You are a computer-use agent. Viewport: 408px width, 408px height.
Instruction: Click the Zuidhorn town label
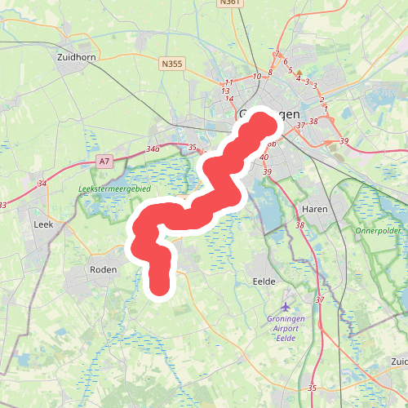[78, 58]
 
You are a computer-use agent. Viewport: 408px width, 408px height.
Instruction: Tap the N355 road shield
[171, 63]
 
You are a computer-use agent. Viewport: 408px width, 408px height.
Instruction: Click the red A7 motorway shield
[104, 162]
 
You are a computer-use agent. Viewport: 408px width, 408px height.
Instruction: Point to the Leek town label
[43, 223]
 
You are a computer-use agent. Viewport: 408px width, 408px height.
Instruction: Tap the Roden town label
[103, 269]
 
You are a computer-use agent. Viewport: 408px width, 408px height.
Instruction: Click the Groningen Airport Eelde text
[286, 327]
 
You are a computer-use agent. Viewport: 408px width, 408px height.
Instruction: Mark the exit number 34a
[151, 149]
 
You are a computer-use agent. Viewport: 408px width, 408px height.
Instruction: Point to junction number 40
[264, 157]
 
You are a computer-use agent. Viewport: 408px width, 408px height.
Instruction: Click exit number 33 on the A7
[4, 205]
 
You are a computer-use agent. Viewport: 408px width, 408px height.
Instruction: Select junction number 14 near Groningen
[229, 99]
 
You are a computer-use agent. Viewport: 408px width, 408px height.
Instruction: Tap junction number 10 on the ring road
[257, 77]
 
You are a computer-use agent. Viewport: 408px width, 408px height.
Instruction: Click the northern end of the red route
[264, 123]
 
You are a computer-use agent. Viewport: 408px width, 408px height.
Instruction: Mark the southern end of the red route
[159, 286]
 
